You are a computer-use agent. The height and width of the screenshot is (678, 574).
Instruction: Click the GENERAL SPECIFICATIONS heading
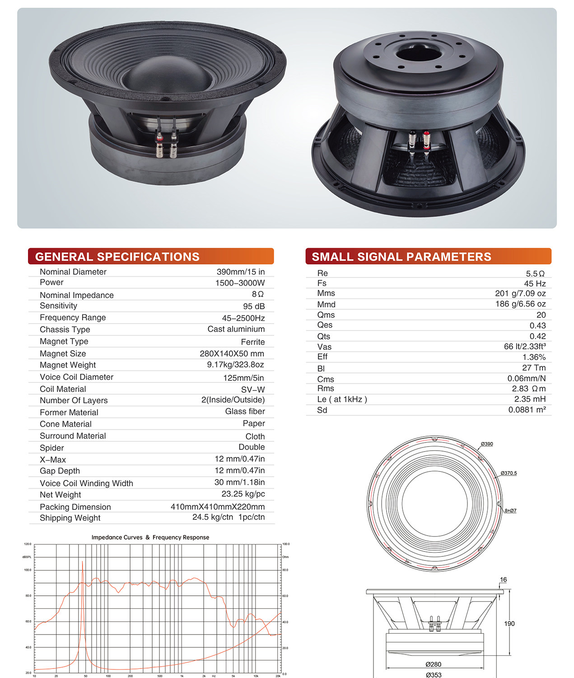(117, 256)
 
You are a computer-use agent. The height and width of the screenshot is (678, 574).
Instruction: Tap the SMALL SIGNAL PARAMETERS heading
(401, 256)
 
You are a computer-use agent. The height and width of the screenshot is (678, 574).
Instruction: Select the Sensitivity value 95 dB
(254, 306)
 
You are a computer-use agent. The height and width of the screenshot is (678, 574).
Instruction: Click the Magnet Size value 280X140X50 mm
(232, 353)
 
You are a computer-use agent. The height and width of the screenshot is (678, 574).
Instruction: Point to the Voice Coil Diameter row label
(76, 377)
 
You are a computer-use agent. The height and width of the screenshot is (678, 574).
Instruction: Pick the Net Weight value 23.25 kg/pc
(243, 494)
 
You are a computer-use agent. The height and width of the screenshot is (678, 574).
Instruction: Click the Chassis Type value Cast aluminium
(236, 329)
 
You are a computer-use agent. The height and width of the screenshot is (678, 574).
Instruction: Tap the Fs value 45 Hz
(535, 283)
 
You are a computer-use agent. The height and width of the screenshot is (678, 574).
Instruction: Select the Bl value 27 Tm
(534, 367)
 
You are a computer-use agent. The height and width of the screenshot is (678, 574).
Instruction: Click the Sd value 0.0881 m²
(527, 410)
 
